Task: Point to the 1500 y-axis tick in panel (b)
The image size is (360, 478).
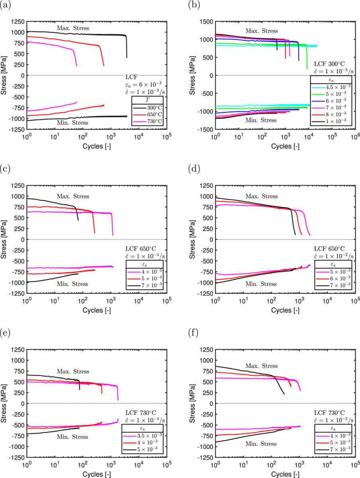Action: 206,21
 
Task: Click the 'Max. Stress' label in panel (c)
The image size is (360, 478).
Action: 73,196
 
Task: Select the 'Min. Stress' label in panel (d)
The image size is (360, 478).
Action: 261,284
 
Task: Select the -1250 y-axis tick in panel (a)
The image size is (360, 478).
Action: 16,129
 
